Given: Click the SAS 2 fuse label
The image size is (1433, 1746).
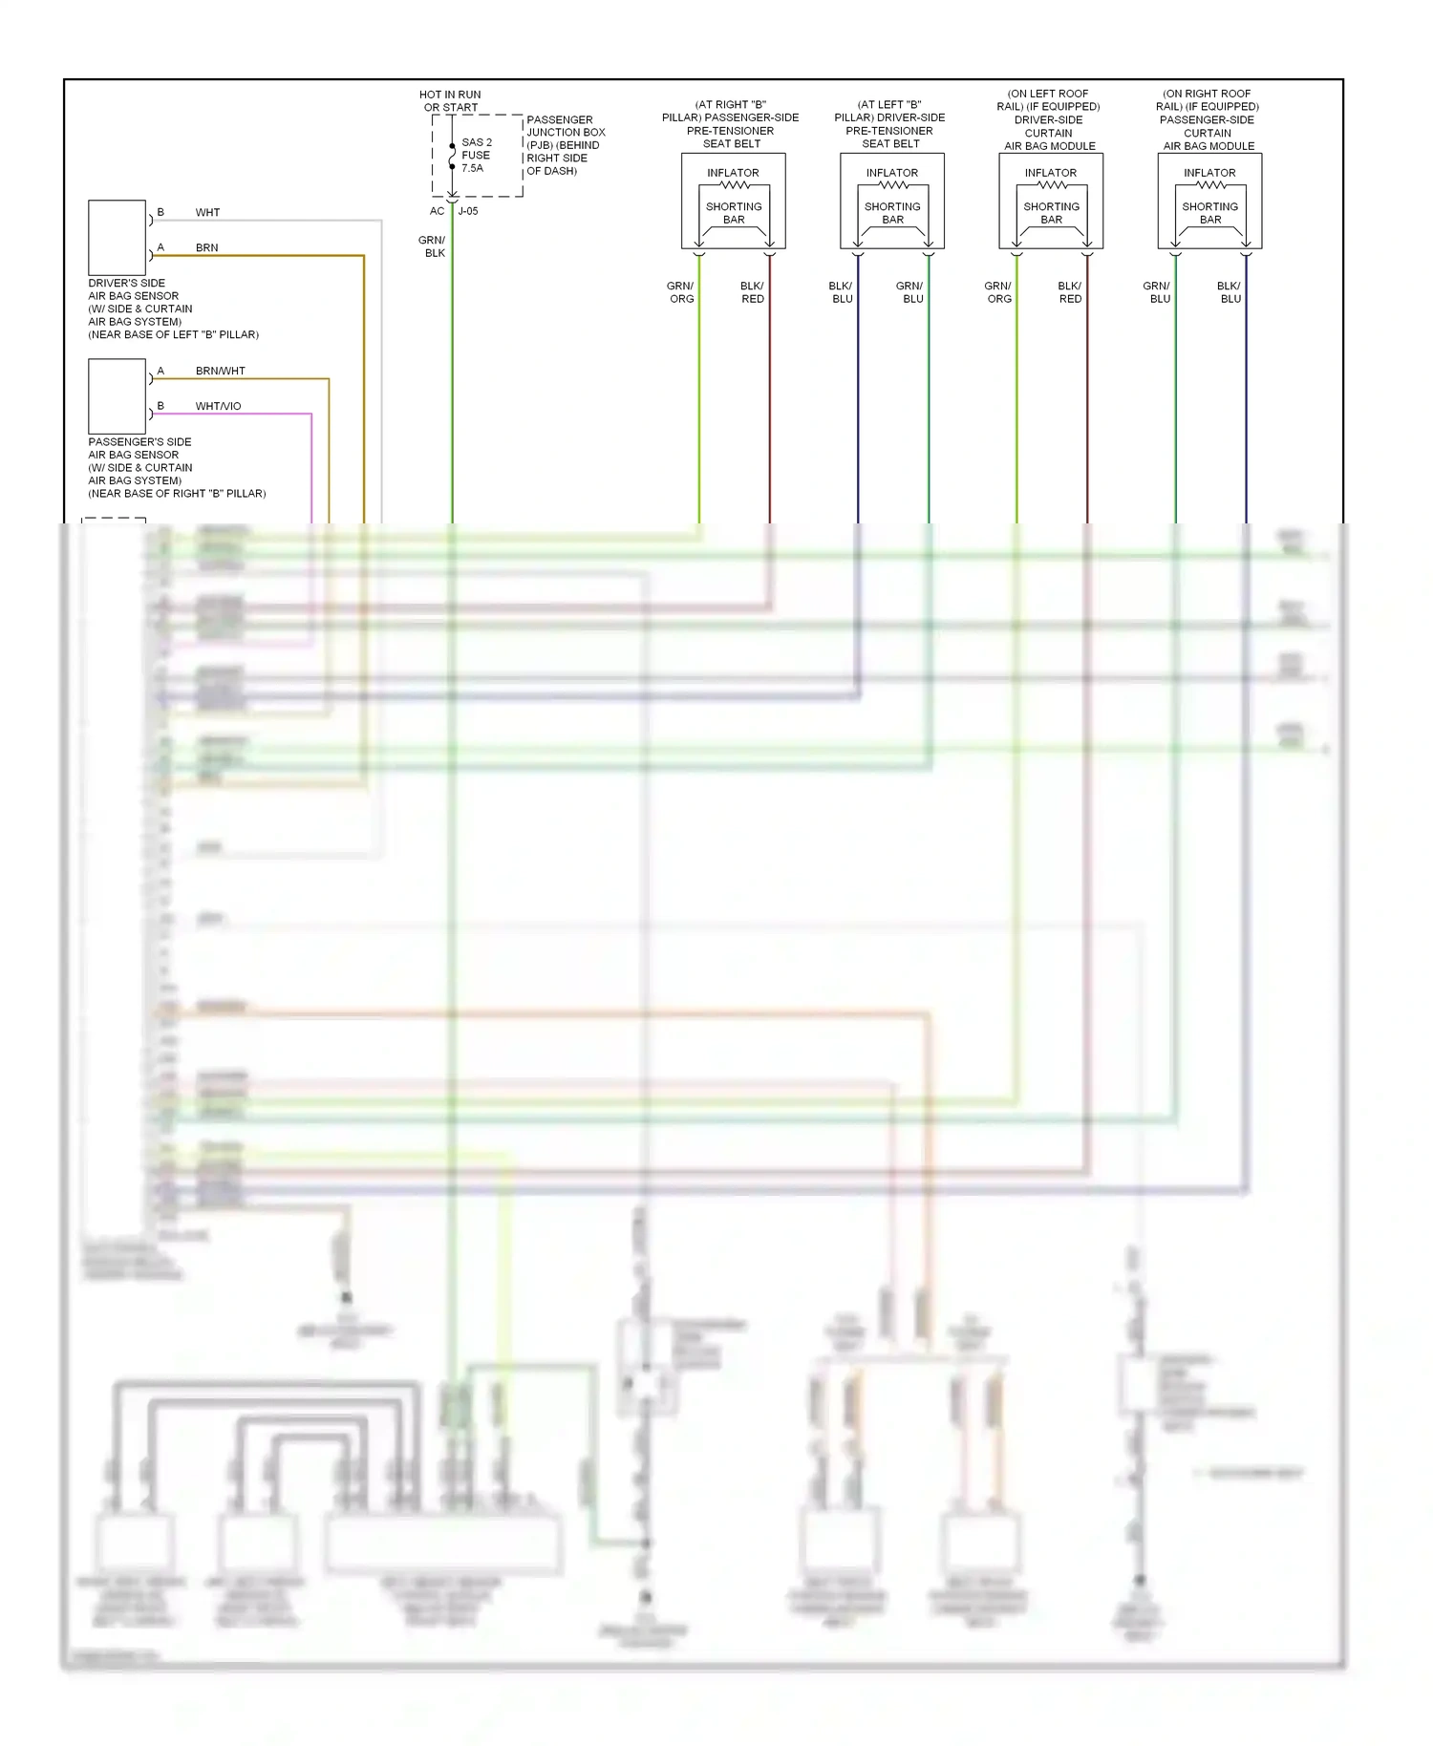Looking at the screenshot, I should pos(476,155).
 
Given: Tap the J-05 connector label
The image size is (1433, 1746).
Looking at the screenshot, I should pos(468,211).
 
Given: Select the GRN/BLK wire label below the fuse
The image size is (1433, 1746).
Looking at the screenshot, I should pos(432,246).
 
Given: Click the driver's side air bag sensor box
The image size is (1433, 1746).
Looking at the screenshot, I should pos(117,238).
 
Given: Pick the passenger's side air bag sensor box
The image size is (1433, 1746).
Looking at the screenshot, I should pos(117,396).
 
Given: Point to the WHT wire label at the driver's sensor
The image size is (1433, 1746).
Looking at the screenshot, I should pos(207,212).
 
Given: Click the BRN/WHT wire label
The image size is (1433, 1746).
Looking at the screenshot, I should pos(220,371).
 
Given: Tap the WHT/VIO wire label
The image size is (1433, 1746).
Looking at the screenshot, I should pos(218,406).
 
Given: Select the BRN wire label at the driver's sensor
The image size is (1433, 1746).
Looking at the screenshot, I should pos(206,247).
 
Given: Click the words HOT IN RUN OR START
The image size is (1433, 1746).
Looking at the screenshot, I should pos(450,101).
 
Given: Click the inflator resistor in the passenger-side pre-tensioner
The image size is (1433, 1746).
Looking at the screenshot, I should pos(734,185).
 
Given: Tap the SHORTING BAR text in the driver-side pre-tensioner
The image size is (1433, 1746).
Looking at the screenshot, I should pos(892,213).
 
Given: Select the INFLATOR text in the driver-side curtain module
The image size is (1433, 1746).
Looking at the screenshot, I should pos(1051,173).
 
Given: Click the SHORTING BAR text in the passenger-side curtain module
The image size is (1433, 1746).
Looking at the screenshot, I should pos(1209,213).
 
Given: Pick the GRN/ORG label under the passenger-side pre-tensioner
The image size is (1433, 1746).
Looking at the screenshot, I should pos(681,292).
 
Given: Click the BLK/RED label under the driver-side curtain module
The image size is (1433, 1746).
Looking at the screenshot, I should pos(1070,292).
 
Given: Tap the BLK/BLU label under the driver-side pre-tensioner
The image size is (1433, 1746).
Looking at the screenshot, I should pos(842,292).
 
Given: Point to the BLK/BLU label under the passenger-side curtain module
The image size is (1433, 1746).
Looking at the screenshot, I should pos(1230,292).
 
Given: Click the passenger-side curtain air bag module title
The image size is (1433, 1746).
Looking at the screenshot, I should pos(1208,120).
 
